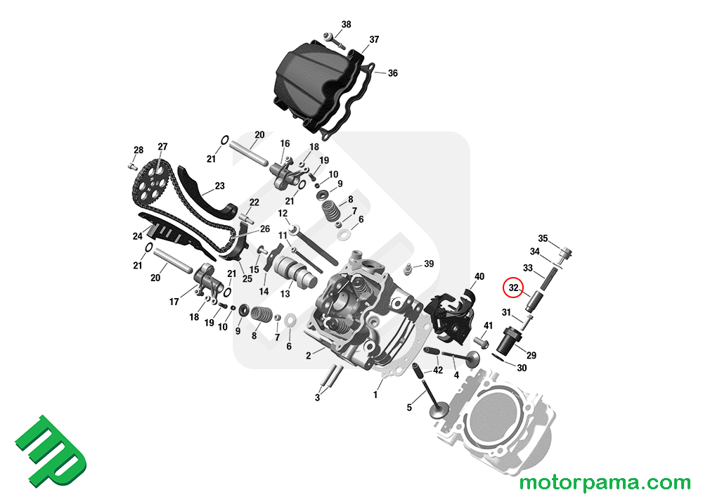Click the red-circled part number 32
[514, 288]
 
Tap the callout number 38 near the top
[346, 25]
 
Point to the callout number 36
[392, 73]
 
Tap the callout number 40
[479, 276]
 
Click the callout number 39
[429, 264]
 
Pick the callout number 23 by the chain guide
[220, 186]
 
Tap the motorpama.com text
[605, 483]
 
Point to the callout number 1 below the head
[375, 395]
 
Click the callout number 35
[543, 238]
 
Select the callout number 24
[138, 236]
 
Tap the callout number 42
[437, 370]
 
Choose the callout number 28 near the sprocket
[138, 150]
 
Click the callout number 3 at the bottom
[317, 398]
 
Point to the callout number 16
[285, 143]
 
